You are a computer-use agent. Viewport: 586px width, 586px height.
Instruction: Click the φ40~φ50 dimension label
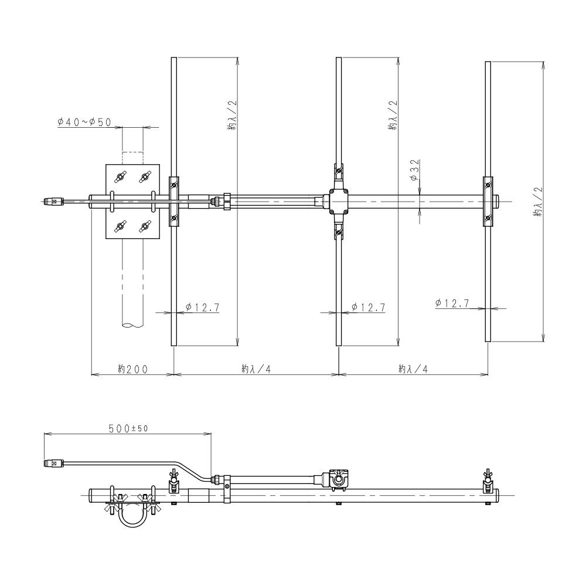84,122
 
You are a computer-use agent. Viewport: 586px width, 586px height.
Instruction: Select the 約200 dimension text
132,369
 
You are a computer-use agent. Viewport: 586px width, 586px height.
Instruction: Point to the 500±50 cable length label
128,428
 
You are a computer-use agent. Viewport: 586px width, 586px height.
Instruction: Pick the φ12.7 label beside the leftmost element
202,308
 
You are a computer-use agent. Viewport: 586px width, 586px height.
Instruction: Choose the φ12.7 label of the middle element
368,308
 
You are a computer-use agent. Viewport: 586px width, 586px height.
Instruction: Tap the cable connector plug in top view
54,202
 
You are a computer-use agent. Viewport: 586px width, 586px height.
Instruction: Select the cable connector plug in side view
54,464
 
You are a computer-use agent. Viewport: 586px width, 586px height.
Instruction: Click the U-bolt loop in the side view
132,516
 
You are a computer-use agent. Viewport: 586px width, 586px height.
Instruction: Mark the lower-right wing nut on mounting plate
145,226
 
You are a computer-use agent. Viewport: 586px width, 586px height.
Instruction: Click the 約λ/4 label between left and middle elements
255,369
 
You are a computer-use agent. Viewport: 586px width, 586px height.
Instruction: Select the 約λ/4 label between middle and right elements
413,369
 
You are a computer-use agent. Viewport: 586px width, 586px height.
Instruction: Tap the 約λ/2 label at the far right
539,202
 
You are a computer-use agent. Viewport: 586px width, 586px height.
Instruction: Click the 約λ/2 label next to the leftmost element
232,115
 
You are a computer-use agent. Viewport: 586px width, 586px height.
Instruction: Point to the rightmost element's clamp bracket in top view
488,202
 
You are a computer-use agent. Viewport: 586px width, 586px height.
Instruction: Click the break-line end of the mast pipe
132,326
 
